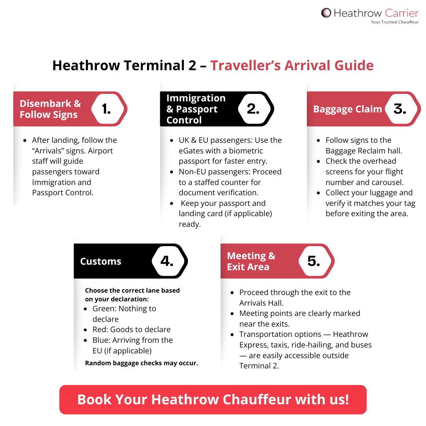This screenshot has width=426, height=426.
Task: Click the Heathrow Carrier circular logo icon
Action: [326, 13]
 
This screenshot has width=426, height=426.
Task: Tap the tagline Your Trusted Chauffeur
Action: [394, 22]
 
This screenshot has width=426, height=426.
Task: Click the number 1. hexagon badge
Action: [106, 109]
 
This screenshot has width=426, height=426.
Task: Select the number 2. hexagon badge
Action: [253, 109]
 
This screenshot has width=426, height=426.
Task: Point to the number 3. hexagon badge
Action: [400, 109]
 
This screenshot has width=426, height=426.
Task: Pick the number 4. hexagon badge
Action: [167, 261]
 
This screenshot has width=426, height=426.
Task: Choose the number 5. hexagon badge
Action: [314, 261]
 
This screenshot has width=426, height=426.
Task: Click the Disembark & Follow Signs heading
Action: [50, 109]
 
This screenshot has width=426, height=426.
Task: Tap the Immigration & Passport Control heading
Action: [196, 109]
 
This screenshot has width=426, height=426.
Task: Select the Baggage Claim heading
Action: [348, 109]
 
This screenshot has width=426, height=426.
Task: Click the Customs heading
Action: [101, 262]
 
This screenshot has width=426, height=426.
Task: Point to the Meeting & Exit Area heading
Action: [251, 262]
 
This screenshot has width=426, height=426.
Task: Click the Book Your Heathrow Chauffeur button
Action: [213, 400]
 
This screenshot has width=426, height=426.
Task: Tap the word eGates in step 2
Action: [192, 151]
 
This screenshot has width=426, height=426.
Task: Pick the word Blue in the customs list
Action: [101, 340]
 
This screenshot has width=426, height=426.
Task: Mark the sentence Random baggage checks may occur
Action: [141, 363]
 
